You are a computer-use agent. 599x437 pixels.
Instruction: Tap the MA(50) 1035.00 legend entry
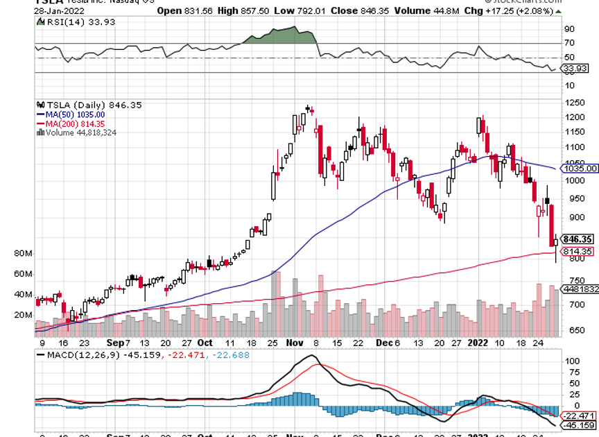point(70,114)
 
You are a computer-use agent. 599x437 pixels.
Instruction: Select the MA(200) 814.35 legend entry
point(71,123)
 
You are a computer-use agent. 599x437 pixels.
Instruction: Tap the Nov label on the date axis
point(295,343)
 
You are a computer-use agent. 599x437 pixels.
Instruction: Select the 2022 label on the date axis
point(478,343)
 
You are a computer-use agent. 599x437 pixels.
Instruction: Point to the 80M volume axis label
point(23,255)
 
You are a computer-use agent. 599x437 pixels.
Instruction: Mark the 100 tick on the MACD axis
point(573,361)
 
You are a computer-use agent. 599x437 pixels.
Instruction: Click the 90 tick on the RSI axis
point(570,29)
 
